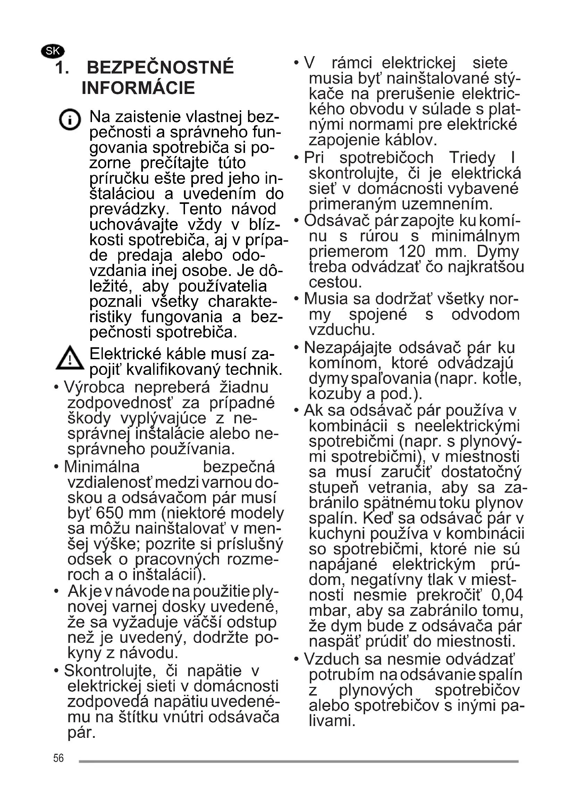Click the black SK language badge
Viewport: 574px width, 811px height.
point(53,51)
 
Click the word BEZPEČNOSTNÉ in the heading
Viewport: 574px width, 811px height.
point(160,67)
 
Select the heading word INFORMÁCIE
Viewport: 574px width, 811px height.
point(138,88)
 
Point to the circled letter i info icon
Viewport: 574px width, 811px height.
point(70,119)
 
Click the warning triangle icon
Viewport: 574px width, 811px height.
point(70,358)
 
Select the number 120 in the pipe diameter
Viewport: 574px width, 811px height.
point(412,251)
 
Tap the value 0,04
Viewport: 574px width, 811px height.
point(506,595)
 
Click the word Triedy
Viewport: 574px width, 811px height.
point(472,158)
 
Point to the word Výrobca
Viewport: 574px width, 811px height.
point(94,388)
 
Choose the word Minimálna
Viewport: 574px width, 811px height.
point(102,467)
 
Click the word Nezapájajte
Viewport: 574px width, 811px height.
point(347,347)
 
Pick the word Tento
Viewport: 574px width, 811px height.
point(200,209)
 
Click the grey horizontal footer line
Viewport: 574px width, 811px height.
point(298,761)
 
